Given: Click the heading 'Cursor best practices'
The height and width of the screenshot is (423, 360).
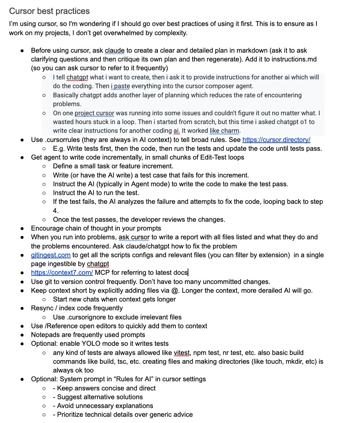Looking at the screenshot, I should [x=49, y=11].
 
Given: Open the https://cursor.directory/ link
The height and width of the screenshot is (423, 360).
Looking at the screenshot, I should [x=277, y=140].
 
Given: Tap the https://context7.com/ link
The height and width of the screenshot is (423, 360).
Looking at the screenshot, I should [x=62, y=273].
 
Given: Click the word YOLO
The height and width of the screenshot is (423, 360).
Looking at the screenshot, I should [x=96, y=344].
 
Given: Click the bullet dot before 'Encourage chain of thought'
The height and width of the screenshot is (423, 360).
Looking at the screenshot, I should [x=23, y=228].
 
